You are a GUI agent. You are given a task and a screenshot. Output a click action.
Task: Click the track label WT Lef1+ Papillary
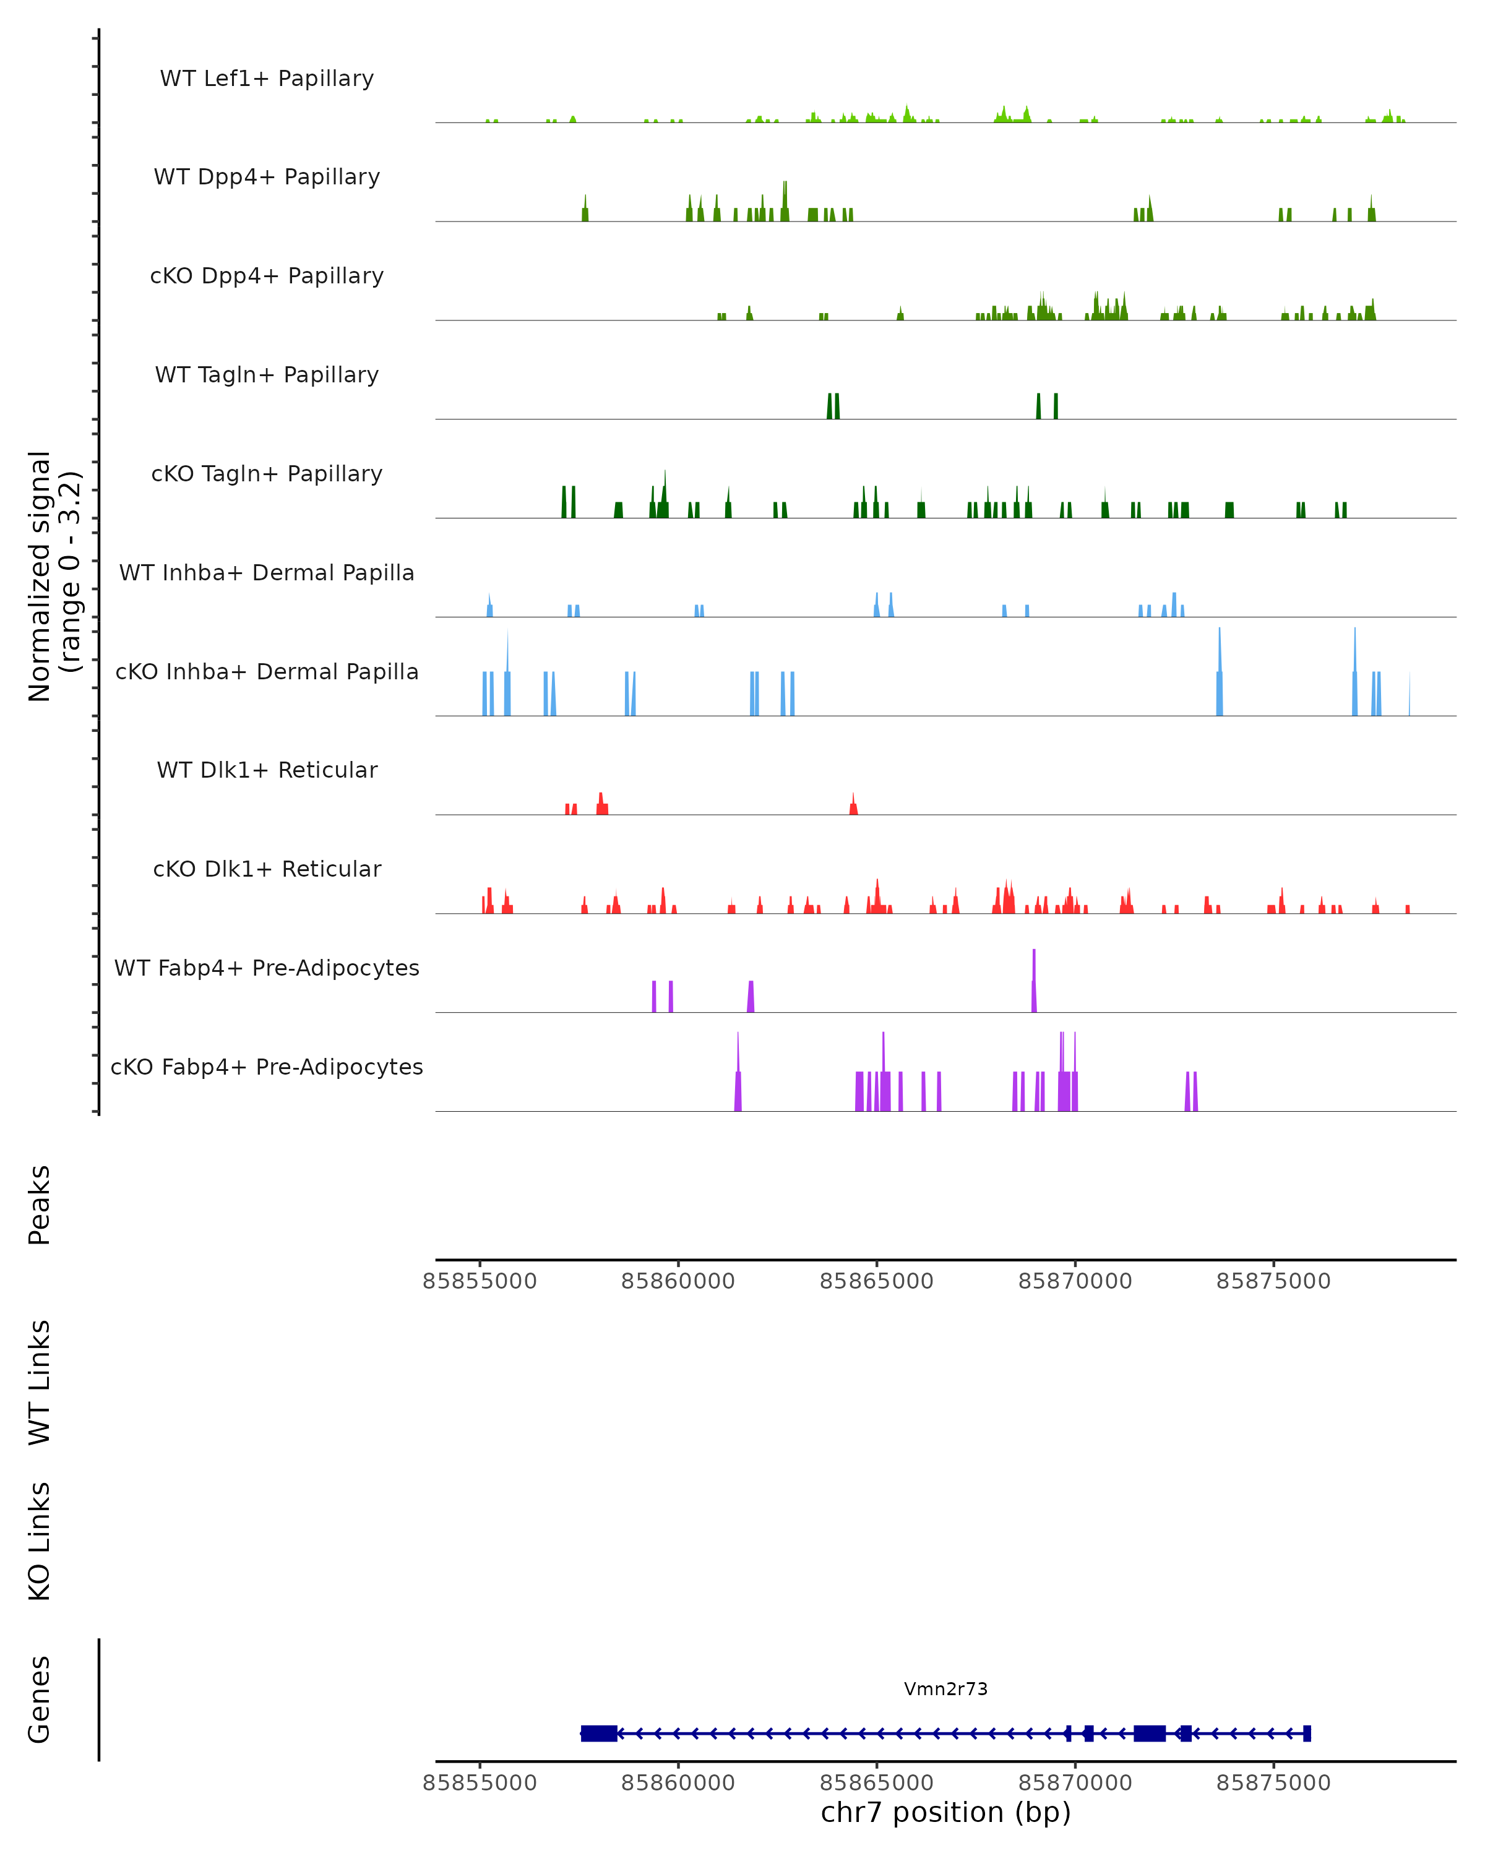coord(267,79)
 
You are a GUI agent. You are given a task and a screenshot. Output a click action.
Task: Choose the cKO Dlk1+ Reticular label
coord(267,869)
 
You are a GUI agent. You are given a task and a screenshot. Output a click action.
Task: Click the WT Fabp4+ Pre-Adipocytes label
coord(267,968)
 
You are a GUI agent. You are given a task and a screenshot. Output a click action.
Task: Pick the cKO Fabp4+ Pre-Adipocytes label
coord(267,1067)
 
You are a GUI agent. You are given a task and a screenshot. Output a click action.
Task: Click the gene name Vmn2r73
coord(945,1689)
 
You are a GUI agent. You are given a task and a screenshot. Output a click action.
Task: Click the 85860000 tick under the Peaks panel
coord(678,1281)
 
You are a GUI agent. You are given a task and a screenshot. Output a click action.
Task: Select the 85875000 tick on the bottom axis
coord(1273,1783)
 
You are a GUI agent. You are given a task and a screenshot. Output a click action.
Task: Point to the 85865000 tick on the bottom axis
coord(876,1783)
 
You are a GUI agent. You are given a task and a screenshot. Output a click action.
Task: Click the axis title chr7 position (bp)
coord(945,1812)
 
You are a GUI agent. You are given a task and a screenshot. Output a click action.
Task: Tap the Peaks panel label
coord(40,1205)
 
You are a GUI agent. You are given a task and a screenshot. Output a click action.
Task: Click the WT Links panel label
coord(40,1383)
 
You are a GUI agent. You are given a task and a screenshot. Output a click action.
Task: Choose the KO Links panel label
coord(40,1541)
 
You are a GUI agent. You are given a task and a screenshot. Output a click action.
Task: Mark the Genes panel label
coord(40,1699)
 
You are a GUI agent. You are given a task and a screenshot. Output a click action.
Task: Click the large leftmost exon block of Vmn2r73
coord(599,1734)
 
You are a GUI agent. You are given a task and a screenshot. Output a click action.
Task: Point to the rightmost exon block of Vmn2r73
coord(1307,1734)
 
